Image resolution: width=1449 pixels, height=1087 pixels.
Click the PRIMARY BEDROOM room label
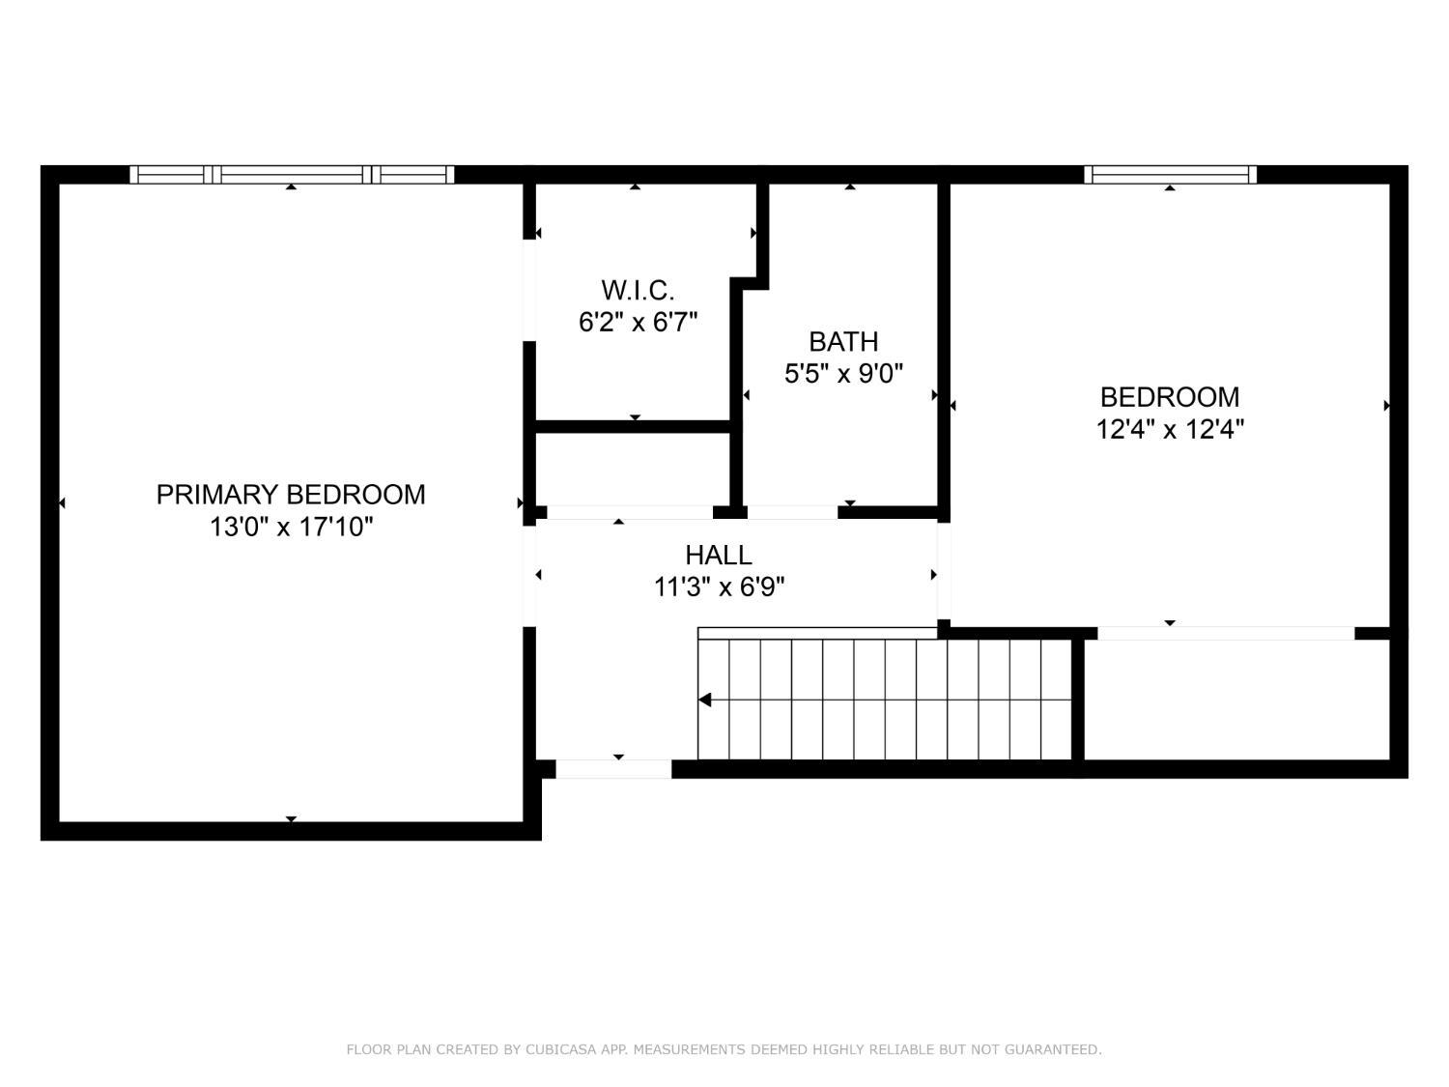point(291,495)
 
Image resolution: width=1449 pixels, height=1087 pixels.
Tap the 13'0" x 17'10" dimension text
point(291,528)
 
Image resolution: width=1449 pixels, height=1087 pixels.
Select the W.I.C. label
point(638,290)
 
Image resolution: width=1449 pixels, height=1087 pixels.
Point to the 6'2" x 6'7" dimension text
point(638,322)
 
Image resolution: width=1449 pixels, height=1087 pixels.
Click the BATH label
point(843,342)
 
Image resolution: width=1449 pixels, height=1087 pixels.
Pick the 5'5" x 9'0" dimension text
point(843,374)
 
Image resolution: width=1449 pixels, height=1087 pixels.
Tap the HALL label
point(718,556)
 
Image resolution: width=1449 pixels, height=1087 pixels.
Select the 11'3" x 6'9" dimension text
point(719,587)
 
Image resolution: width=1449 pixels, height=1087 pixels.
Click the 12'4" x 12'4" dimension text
point(1169,429)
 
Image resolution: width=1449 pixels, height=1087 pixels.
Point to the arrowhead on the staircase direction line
point(705,700)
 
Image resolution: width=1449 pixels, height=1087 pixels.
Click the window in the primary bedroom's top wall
point(292,175)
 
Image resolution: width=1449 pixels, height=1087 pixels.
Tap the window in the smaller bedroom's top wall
point(1170,175)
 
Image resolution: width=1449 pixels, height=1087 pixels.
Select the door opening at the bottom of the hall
point(613,769)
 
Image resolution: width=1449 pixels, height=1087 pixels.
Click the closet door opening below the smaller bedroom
point(1226,634)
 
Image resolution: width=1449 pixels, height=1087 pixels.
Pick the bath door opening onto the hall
point(792,512)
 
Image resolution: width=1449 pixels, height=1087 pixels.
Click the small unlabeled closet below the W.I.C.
point(633,469)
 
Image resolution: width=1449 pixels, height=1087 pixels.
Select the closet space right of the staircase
point(1236,700)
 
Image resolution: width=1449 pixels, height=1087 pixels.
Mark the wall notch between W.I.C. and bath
point(752,282)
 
